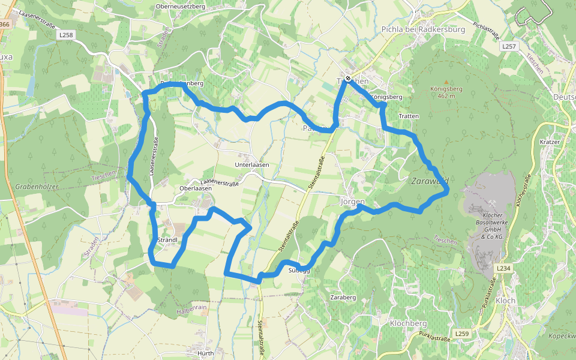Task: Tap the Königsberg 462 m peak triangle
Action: point(446,82)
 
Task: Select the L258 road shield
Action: point(66,35)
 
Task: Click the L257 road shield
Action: point(509,46)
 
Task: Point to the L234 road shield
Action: point(504,268)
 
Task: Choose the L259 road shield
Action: point(461,334)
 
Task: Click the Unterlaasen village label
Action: point(252,164)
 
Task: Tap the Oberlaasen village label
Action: point(196,188)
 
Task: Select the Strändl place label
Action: point(167,240)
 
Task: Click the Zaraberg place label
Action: point(343,297)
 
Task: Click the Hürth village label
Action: point(206,353)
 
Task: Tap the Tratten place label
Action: point(408,116)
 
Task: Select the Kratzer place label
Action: point(550,142)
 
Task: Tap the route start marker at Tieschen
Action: point(347,79)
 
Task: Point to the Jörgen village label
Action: point(352,202)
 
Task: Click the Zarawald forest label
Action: point(430,181)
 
